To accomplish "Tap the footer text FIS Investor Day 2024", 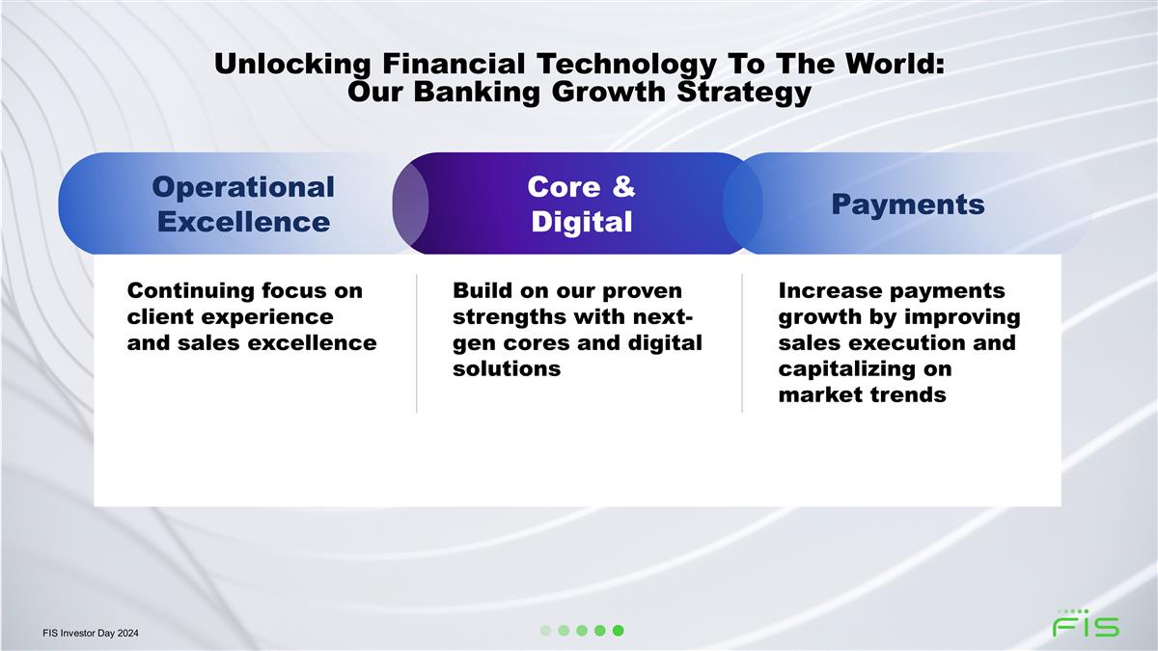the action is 91,633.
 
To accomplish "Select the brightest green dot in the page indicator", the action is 618,631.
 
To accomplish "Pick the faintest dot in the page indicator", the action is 545,631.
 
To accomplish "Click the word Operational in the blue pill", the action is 243,186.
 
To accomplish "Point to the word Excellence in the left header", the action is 243,222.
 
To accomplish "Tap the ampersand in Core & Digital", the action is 623,186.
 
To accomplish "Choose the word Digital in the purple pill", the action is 582,222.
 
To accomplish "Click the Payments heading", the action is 908,204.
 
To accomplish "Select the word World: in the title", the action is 895,64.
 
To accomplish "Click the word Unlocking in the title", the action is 292,64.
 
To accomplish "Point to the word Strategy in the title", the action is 744,92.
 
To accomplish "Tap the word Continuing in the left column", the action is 191,291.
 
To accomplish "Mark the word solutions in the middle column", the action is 507,368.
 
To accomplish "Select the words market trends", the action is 863,394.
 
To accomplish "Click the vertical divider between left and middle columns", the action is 416,343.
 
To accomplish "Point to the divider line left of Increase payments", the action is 742,343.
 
